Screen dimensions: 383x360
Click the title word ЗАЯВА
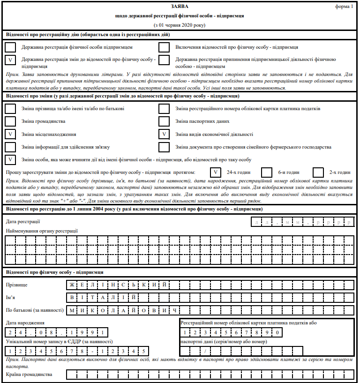click(x=180, y=7)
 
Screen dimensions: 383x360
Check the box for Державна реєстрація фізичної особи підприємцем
click(x=10, y=47)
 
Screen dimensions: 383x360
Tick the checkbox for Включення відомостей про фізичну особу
click(x=164, y=47)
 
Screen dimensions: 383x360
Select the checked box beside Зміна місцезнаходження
click(x=10, y=134)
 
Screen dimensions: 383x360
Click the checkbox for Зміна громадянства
click(x=10, y=121)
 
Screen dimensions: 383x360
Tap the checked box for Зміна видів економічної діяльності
click(x=164, y=134)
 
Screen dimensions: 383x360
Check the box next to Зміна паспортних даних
click(x=164, y=121)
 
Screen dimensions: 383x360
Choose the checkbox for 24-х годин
click(x=215, y=172)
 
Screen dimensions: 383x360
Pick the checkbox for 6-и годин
click(x=267, y=172)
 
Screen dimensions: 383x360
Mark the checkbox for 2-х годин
click(x=318, y=172)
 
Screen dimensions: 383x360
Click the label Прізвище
click(x=16, y=285)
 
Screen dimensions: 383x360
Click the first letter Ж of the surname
click(x=72, y=285)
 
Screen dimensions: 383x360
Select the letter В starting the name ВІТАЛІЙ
click(x=72, y=297)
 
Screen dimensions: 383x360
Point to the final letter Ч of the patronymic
click(x=174, y=310)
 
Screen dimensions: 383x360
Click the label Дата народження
click(x=25, y=323)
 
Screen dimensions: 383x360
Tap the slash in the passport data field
click(x=204, y=351)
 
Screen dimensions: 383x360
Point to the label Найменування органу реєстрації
click(x=42, y=231)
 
